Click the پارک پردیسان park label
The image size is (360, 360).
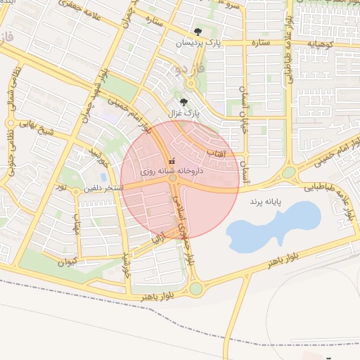[x=198, y=43]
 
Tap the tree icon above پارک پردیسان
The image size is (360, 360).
[x=198, y=31]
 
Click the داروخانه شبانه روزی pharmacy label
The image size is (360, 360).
[x=172, y=171]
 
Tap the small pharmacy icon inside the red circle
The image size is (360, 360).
[x=172, y=160]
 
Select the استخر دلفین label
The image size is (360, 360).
[x=104, y=188]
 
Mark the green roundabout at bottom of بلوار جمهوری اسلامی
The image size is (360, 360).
[x=195, y=288]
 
